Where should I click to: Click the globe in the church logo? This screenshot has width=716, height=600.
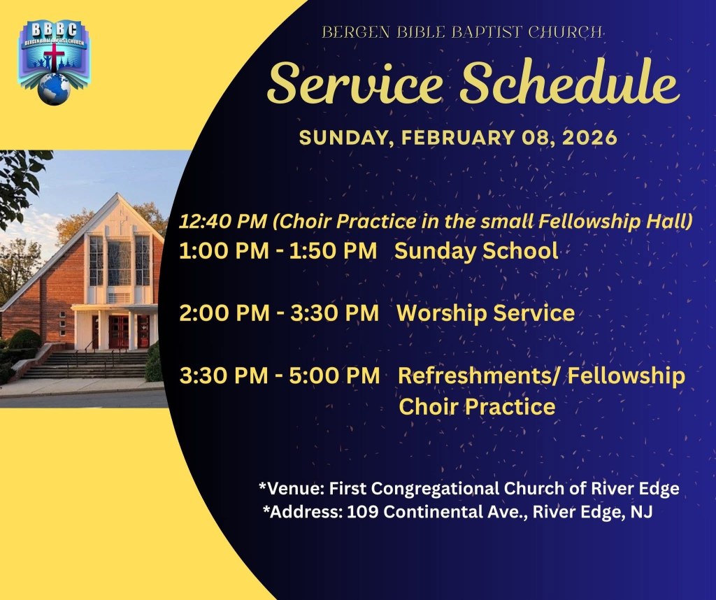(54, 89)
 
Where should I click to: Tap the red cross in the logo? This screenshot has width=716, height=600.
(55, 57)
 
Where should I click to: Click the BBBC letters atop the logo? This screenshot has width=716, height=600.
(55, 29)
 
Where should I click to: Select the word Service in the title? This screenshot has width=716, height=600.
(355, 83)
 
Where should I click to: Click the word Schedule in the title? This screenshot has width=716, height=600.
(569, 83)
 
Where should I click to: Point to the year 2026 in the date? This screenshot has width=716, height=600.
(589, 138)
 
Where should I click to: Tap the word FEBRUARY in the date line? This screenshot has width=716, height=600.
(457, 138)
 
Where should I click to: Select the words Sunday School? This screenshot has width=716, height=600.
(476, 250)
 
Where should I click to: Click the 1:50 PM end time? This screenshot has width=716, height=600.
(333, 251)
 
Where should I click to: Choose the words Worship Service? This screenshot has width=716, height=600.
(485, 313)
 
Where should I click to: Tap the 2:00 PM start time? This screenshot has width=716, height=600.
(224, 313)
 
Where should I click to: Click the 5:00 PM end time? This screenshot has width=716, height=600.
(335, 376)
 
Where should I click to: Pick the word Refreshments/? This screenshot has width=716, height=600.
(479, 376)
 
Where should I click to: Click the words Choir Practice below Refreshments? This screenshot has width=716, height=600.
(477, 406)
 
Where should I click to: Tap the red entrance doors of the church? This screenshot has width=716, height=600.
(119, 331)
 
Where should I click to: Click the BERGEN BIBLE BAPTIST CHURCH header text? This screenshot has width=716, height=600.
(461, 32)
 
